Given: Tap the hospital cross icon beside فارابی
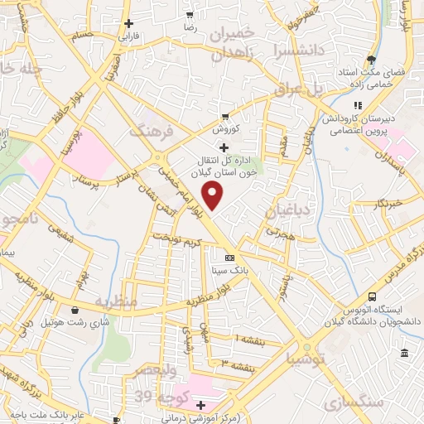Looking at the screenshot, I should click(x=127, y=24).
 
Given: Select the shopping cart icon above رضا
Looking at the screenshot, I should click(x=190, y=15).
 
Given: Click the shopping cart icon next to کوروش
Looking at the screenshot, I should click(x=224, y=117).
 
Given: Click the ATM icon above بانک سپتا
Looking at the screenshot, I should click(x=218, y=258).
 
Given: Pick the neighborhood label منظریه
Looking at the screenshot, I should click(x=114, y=301).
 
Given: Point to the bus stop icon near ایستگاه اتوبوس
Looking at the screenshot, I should click(x=372, y=296).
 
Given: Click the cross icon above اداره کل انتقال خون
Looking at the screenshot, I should click(x=224, y=146).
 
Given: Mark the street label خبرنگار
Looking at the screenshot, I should click(x=388, y=202).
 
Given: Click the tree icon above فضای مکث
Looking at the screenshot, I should click(x=371, y=60).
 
